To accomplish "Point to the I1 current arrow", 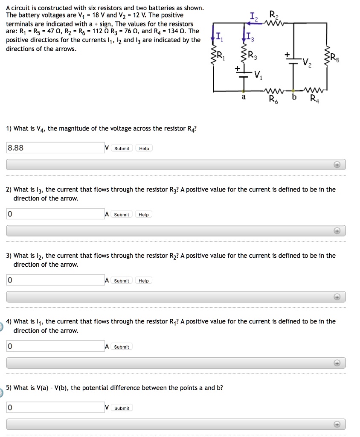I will (x=213, y=39).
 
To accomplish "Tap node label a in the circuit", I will (x=244, y=98).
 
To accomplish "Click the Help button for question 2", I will (x=144, y=215).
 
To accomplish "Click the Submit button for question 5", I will (x=122, y=408).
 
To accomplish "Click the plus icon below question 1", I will (x=337, y=165).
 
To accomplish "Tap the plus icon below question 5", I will (x=337, y=425).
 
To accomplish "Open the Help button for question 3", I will (x=144, y=281).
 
